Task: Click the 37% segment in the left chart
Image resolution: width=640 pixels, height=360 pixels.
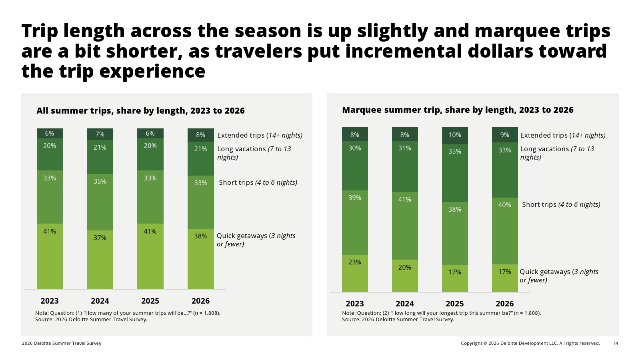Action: (100, 260)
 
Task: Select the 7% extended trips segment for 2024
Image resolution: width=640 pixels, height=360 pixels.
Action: (100, 134)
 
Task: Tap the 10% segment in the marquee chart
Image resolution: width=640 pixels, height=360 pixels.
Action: (455, 136)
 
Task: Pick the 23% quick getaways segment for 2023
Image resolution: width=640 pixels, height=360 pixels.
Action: (355, 273)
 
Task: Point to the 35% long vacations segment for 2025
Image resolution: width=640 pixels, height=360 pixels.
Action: (455, 173)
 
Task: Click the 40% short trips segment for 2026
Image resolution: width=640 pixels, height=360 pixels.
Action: (505, 231)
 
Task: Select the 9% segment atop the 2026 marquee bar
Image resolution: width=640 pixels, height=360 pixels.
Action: (505, 135)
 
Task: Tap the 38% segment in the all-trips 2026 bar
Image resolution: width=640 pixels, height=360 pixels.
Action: (200, 259)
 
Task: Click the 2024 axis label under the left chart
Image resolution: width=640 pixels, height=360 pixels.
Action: (100, 301)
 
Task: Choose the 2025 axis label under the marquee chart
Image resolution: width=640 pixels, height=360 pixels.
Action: (455, 304)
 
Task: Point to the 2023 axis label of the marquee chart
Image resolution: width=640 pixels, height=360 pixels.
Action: (355, 304)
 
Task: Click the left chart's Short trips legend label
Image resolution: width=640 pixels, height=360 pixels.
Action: (258, 182)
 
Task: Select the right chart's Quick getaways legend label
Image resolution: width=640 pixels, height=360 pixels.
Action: (559, 276)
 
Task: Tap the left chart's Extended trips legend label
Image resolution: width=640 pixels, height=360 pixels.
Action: (260, 135)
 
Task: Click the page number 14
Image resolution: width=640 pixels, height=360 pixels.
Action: (616, 343)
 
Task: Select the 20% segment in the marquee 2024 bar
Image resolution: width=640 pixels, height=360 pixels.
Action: (405, 276)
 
